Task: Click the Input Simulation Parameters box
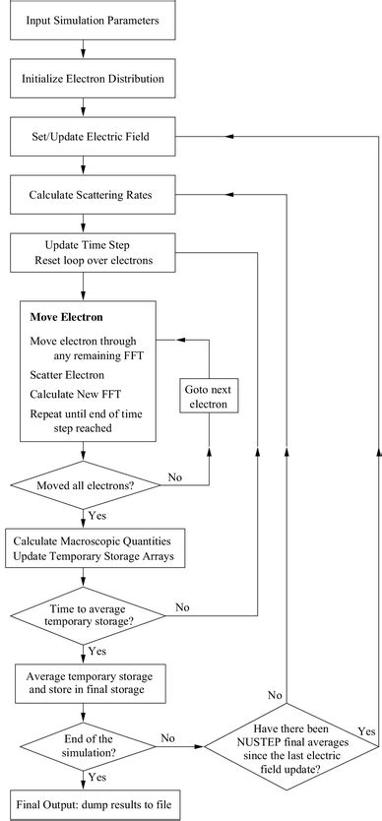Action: tap(84, 20)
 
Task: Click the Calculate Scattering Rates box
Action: tap(84, 197)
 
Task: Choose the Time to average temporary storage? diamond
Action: tap(84, 617)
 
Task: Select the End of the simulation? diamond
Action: tap(84, 744)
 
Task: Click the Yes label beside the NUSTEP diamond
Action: tap(367, 731)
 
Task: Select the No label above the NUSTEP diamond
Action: tap(275, 695)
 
